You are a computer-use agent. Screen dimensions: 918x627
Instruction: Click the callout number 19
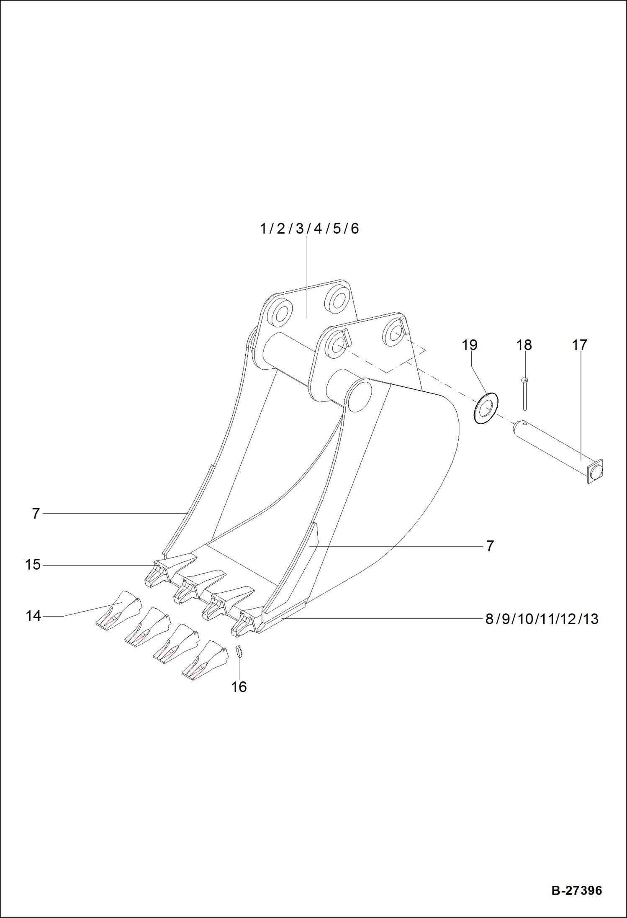(x=469, y=345)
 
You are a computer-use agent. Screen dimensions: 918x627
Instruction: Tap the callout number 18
(x=524, y=345)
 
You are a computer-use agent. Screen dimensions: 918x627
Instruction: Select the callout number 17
(x=579, y=345)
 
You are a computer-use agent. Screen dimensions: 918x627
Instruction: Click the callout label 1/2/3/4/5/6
(x=309, y=229)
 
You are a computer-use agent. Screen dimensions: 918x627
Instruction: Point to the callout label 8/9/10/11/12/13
(x=542, y=619)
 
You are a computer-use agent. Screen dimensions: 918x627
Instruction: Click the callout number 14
(x=33, y=616)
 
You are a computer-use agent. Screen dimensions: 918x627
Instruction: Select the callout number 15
(x=33, y=564)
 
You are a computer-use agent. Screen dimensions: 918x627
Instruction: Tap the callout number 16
(x=239, y=687)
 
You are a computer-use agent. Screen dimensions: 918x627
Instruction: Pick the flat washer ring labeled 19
(x=486, y=408)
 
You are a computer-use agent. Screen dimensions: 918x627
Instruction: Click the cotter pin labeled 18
(x=524, y=393)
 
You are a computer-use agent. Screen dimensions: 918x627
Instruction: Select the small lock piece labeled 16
(x=239, y=651)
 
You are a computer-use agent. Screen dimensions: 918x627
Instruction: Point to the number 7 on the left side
(x=36, y=513)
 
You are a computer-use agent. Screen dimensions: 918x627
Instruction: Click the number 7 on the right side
(x=490, y=546)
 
